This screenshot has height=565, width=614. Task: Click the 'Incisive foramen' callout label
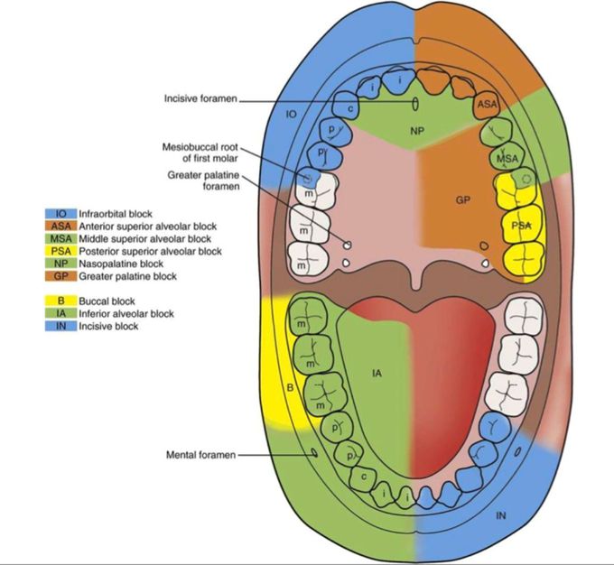200,98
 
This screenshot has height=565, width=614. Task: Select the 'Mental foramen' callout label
200,456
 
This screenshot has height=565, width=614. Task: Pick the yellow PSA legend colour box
55,251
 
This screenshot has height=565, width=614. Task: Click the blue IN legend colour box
55,326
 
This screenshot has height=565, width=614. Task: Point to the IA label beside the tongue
377,371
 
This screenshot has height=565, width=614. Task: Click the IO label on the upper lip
291,116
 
